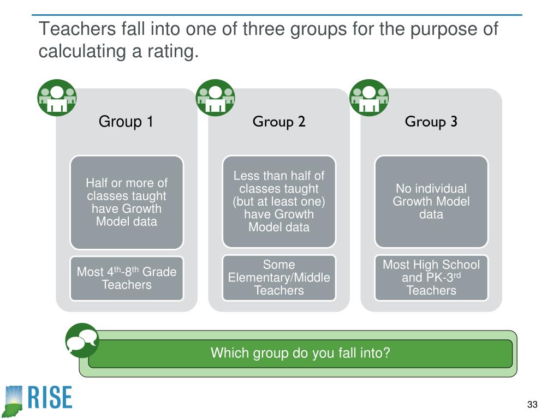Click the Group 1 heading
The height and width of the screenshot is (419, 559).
126,121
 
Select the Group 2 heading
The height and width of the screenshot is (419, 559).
278,121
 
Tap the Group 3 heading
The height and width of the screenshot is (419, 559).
431,121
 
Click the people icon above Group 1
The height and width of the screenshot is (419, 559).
57,98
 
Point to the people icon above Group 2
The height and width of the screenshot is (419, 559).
215,98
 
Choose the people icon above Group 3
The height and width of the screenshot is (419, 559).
368,98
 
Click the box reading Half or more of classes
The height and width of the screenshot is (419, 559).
127,202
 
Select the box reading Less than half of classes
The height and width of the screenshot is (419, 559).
279,201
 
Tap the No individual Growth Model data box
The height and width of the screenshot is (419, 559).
431,201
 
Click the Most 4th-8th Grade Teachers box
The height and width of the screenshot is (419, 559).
127,278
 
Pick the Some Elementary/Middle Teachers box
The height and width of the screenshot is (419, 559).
279,278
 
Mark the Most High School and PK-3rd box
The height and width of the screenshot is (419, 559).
431,278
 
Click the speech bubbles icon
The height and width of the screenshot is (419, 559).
82,340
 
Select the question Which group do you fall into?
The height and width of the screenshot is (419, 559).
300,353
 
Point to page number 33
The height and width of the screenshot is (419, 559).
532,405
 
